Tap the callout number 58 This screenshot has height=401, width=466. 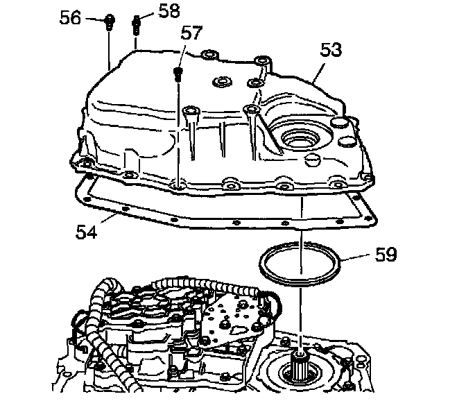pyautogui.click(x=167, y=12)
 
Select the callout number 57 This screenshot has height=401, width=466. pyautogui.click(x=192, y=33)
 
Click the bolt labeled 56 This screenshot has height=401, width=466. pyautogui.click(x=109, y=23)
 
